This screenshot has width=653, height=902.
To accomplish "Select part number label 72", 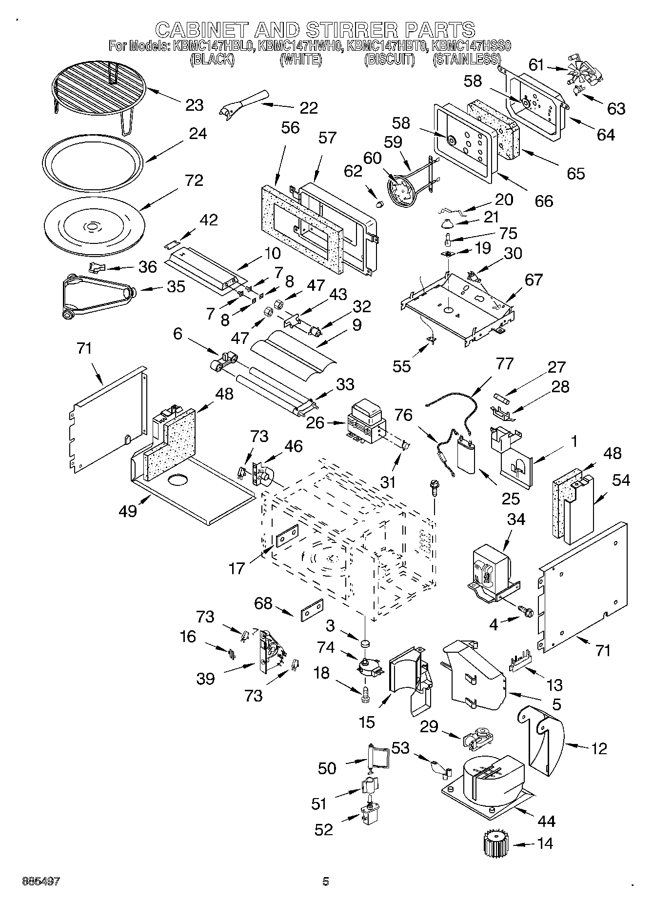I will click(x=194, y=180).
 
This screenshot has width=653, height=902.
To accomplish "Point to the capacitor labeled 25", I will click(x=468, y=455).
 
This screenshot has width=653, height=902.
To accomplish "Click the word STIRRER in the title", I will click(x=349, y=30).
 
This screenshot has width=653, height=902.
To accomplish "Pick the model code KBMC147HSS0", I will click(x=471, y=46).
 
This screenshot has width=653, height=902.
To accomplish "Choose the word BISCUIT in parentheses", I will click(x=389, y=60).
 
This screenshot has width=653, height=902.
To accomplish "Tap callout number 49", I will click(x=128, y=512).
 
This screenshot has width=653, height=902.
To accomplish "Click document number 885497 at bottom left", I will click(x=41, y=881).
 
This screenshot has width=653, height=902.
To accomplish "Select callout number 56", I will click(x=291, y=128).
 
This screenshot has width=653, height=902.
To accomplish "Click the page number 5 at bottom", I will click(x=326, y=881).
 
